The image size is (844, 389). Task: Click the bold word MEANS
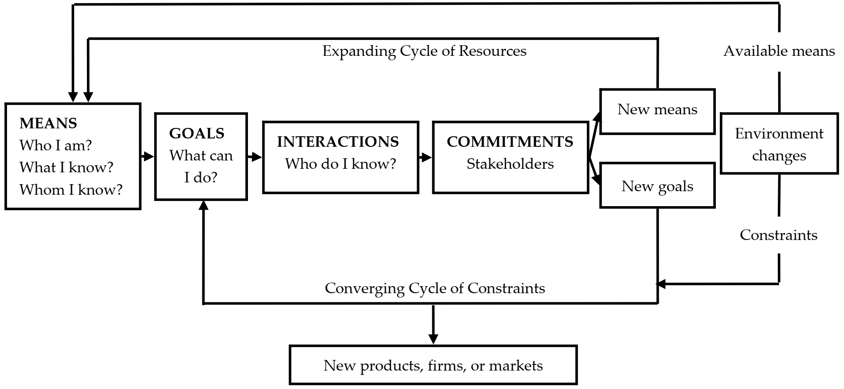point(48,124)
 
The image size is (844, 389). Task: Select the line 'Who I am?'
point(56,145)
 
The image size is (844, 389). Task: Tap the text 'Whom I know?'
point(71,190)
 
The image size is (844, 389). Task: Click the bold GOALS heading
point(197,134)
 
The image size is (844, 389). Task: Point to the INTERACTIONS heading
point(338,142)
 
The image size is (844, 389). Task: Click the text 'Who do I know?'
point(341,164)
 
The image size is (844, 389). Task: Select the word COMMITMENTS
point(510,142)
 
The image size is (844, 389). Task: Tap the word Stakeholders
point(510,164)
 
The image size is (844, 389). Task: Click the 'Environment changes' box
point(779,144)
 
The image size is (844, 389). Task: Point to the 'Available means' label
point(779,51)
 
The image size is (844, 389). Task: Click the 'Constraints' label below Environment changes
point(779,235)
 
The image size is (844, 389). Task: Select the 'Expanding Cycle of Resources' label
point(424,51)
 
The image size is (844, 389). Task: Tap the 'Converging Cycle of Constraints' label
point(435,288)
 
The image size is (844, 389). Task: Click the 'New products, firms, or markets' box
point(433,366)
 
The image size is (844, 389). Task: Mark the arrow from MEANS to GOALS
point(147,156)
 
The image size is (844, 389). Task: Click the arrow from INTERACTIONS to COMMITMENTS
point(425,157)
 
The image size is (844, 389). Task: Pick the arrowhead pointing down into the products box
point(433,339)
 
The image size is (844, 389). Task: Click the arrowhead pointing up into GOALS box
point(203,205)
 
